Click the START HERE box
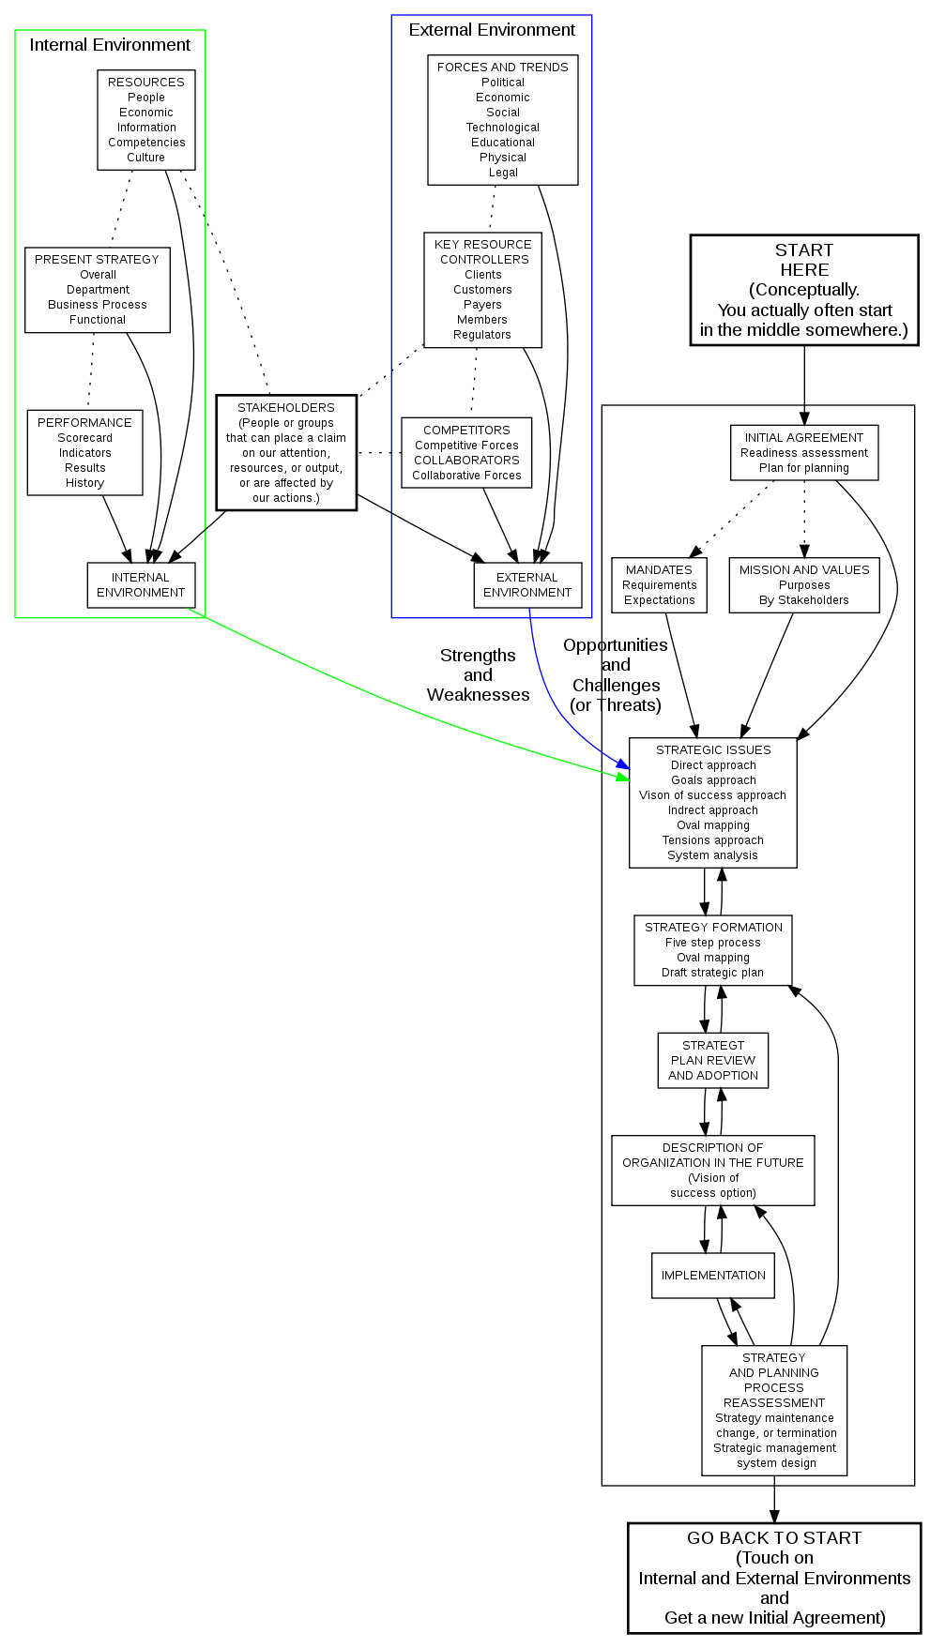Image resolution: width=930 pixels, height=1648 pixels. (x=803, y=290)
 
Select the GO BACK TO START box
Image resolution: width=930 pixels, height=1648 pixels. (x=773, y=1578)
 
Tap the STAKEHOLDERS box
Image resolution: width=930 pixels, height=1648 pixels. (x=286, y=452)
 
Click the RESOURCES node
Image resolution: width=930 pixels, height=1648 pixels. (x=146, y=120)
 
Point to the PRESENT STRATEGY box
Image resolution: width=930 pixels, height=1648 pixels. (x=98, y=290)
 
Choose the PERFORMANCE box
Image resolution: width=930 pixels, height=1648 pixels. (x=85, y=452)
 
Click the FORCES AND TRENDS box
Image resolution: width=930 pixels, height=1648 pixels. (x=503, y=120)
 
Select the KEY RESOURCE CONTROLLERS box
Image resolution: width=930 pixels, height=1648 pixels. (x=482, y=290)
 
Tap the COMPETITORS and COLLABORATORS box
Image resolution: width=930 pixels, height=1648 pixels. (x=466, y=452)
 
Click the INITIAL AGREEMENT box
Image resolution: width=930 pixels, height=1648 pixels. (x=804, y=452)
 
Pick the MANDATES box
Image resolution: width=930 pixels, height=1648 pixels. (x=659, y=584)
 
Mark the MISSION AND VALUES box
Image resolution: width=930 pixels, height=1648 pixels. (x=804, y=584)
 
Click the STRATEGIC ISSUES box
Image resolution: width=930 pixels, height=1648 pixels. (x=713, y=802)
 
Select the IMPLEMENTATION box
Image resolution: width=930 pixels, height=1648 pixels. (x=713, y=1275)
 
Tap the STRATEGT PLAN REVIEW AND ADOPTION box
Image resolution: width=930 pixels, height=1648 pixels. (x=713, y=1060)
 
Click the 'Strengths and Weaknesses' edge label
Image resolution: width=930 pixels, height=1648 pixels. (x=478, y=675)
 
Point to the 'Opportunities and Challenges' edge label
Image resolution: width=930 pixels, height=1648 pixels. (x=616, y=675)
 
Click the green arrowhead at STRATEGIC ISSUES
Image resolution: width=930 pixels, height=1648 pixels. (x=622, y=777)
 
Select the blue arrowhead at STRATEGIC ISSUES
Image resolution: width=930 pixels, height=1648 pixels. (x=623, y=766)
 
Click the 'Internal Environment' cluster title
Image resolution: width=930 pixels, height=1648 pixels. (x=110, y=45)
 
